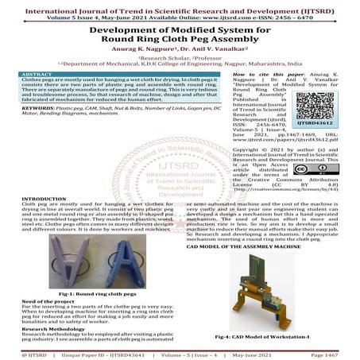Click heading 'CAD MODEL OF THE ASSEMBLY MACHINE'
pos(238,247)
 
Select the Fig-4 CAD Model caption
pos(265,337)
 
